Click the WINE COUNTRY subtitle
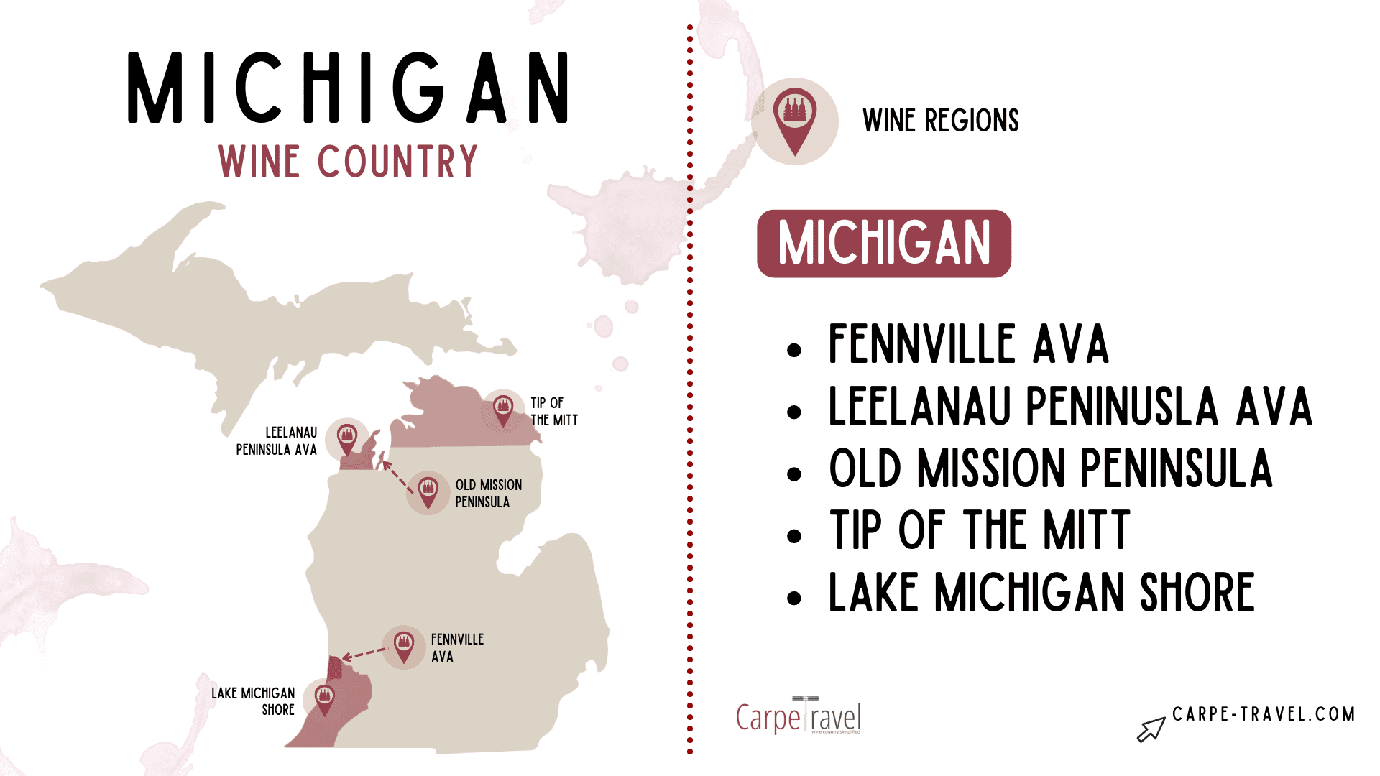[x=348, y=162]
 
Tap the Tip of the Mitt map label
[x=553, y=412]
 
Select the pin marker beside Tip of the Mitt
[x=503, y=410]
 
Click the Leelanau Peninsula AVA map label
[x=277, y=441]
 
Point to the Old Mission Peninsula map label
[x=488, y=494]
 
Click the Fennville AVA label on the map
[x=457, y=647]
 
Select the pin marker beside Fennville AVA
[x=404, y=646]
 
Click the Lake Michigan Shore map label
[x=253, y=701]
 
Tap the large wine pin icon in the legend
[x=795, y=120]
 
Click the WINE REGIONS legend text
[x=940, y=121]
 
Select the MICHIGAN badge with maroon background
[x=883, y=244]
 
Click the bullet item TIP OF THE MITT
[x=979, y=531]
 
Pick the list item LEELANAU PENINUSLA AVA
[x=1069, y=407]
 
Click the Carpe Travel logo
[x=798, y=716]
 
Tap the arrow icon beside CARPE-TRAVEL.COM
[x=1150, y=729]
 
